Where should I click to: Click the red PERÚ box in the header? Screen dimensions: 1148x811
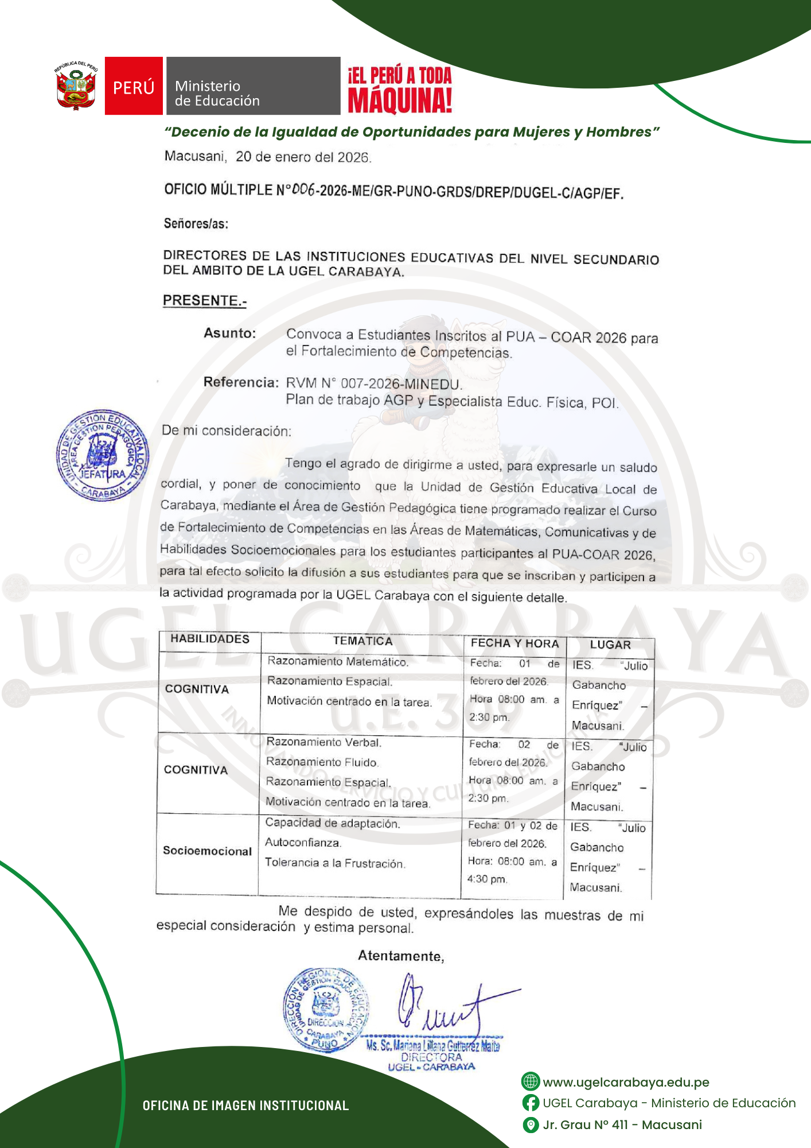click(x=134, y=86)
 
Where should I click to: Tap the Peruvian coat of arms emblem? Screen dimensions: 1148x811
click(x=76, y=86)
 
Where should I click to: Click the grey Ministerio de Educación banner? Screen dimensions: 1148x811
click(x=253, y=86)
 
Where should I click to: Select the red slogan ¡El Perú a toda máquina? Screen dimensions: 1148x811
click(x=400, y=89)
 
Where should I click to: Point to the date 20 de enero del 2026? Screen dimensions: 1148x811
click(x=303, y=157)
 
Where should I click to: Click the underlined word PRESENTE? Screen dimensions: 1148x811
click(x=204, y=300)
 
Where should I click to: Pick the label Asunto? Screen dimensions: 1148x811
click(x=229, y=333)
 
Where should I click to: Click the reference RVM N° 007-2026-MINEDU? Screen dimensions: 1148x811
click(x=373, y=383)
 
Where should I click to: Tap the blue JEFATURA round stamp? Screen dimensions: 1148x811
click(x=102, y=455)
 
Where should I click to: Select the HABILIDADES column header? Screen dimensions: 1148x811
click(x=210, y=639)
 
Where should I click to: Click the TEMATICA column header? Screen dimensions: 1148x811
click(x=362, y=641)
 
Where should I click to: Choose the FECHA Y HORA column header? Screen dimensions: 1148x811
click(x=514, y=643)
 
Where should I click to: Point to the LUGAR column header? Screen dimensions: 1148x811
click(x=610, y=645)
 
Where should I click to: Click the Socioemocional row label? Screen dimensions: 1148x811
click(x=207, y=851)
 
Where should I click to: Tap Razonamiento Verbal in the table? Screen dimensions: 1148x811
click(x=323, y=742)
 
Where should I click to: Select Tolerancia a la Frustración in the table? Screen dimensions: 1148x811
click(x=335, y=863)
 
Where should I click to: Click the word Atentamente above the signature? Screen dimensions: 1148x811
click(x=401, y=956)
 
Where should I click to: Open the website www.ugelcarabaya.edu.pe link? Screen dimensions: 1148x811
click(x=626, y=1082)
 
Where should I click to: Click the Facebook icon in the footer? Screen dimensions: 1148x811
click(x=531, y=1103)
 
